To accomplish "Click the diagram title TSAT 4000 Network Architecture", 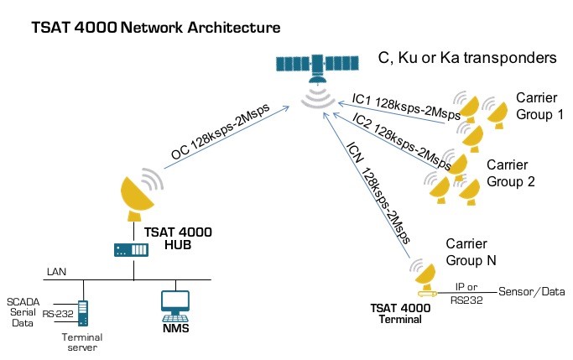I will coord(155,29).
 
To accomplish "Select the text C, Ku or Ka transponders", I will coord(468,59).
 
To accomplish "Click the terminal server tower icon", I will coord(83,311).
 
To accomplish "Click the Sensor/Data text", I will coord(532,291).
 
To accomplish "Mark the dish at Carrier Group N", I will coord(426,271).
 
